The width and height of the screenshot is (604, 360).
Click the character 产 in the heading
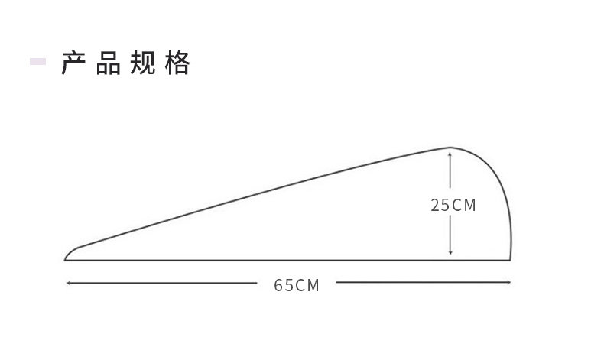tap(73, 64)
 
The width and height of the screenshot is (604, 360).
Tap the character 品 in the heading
tap(109, 64)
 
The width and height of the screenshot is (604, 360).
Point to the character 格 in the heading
tap(177, 64)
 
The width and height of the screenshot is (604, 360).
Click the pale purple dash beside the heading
tap(37, 61)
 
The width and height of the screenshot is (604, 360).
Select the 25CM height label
tap(453, 205)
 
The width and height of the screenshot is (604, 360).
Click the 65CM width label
tap(297, 285)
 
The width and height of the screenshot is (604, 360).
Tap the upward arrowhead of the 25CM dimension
tap(450, 154)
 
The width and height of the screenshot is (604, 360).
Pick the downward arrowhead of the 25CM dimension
tap(450, 252)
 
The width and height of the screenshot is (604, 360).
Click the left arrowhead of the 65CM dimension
tap(69, 283)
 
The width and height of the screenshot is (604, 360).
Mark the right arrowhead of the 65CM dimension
tap(508, 283)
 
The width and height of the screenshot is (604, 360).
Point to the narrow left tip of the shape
tap(67, 258)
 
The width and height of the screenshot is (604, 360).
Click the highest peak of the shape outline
tap(450, 147)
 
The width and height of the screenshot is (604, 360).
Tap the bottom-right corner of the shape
tap(510, 260)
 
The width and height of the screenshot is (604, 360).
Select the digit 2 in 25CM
tap(434, 205)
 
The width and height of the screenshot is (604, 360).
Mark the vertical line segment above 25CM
tap(450, 174)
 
